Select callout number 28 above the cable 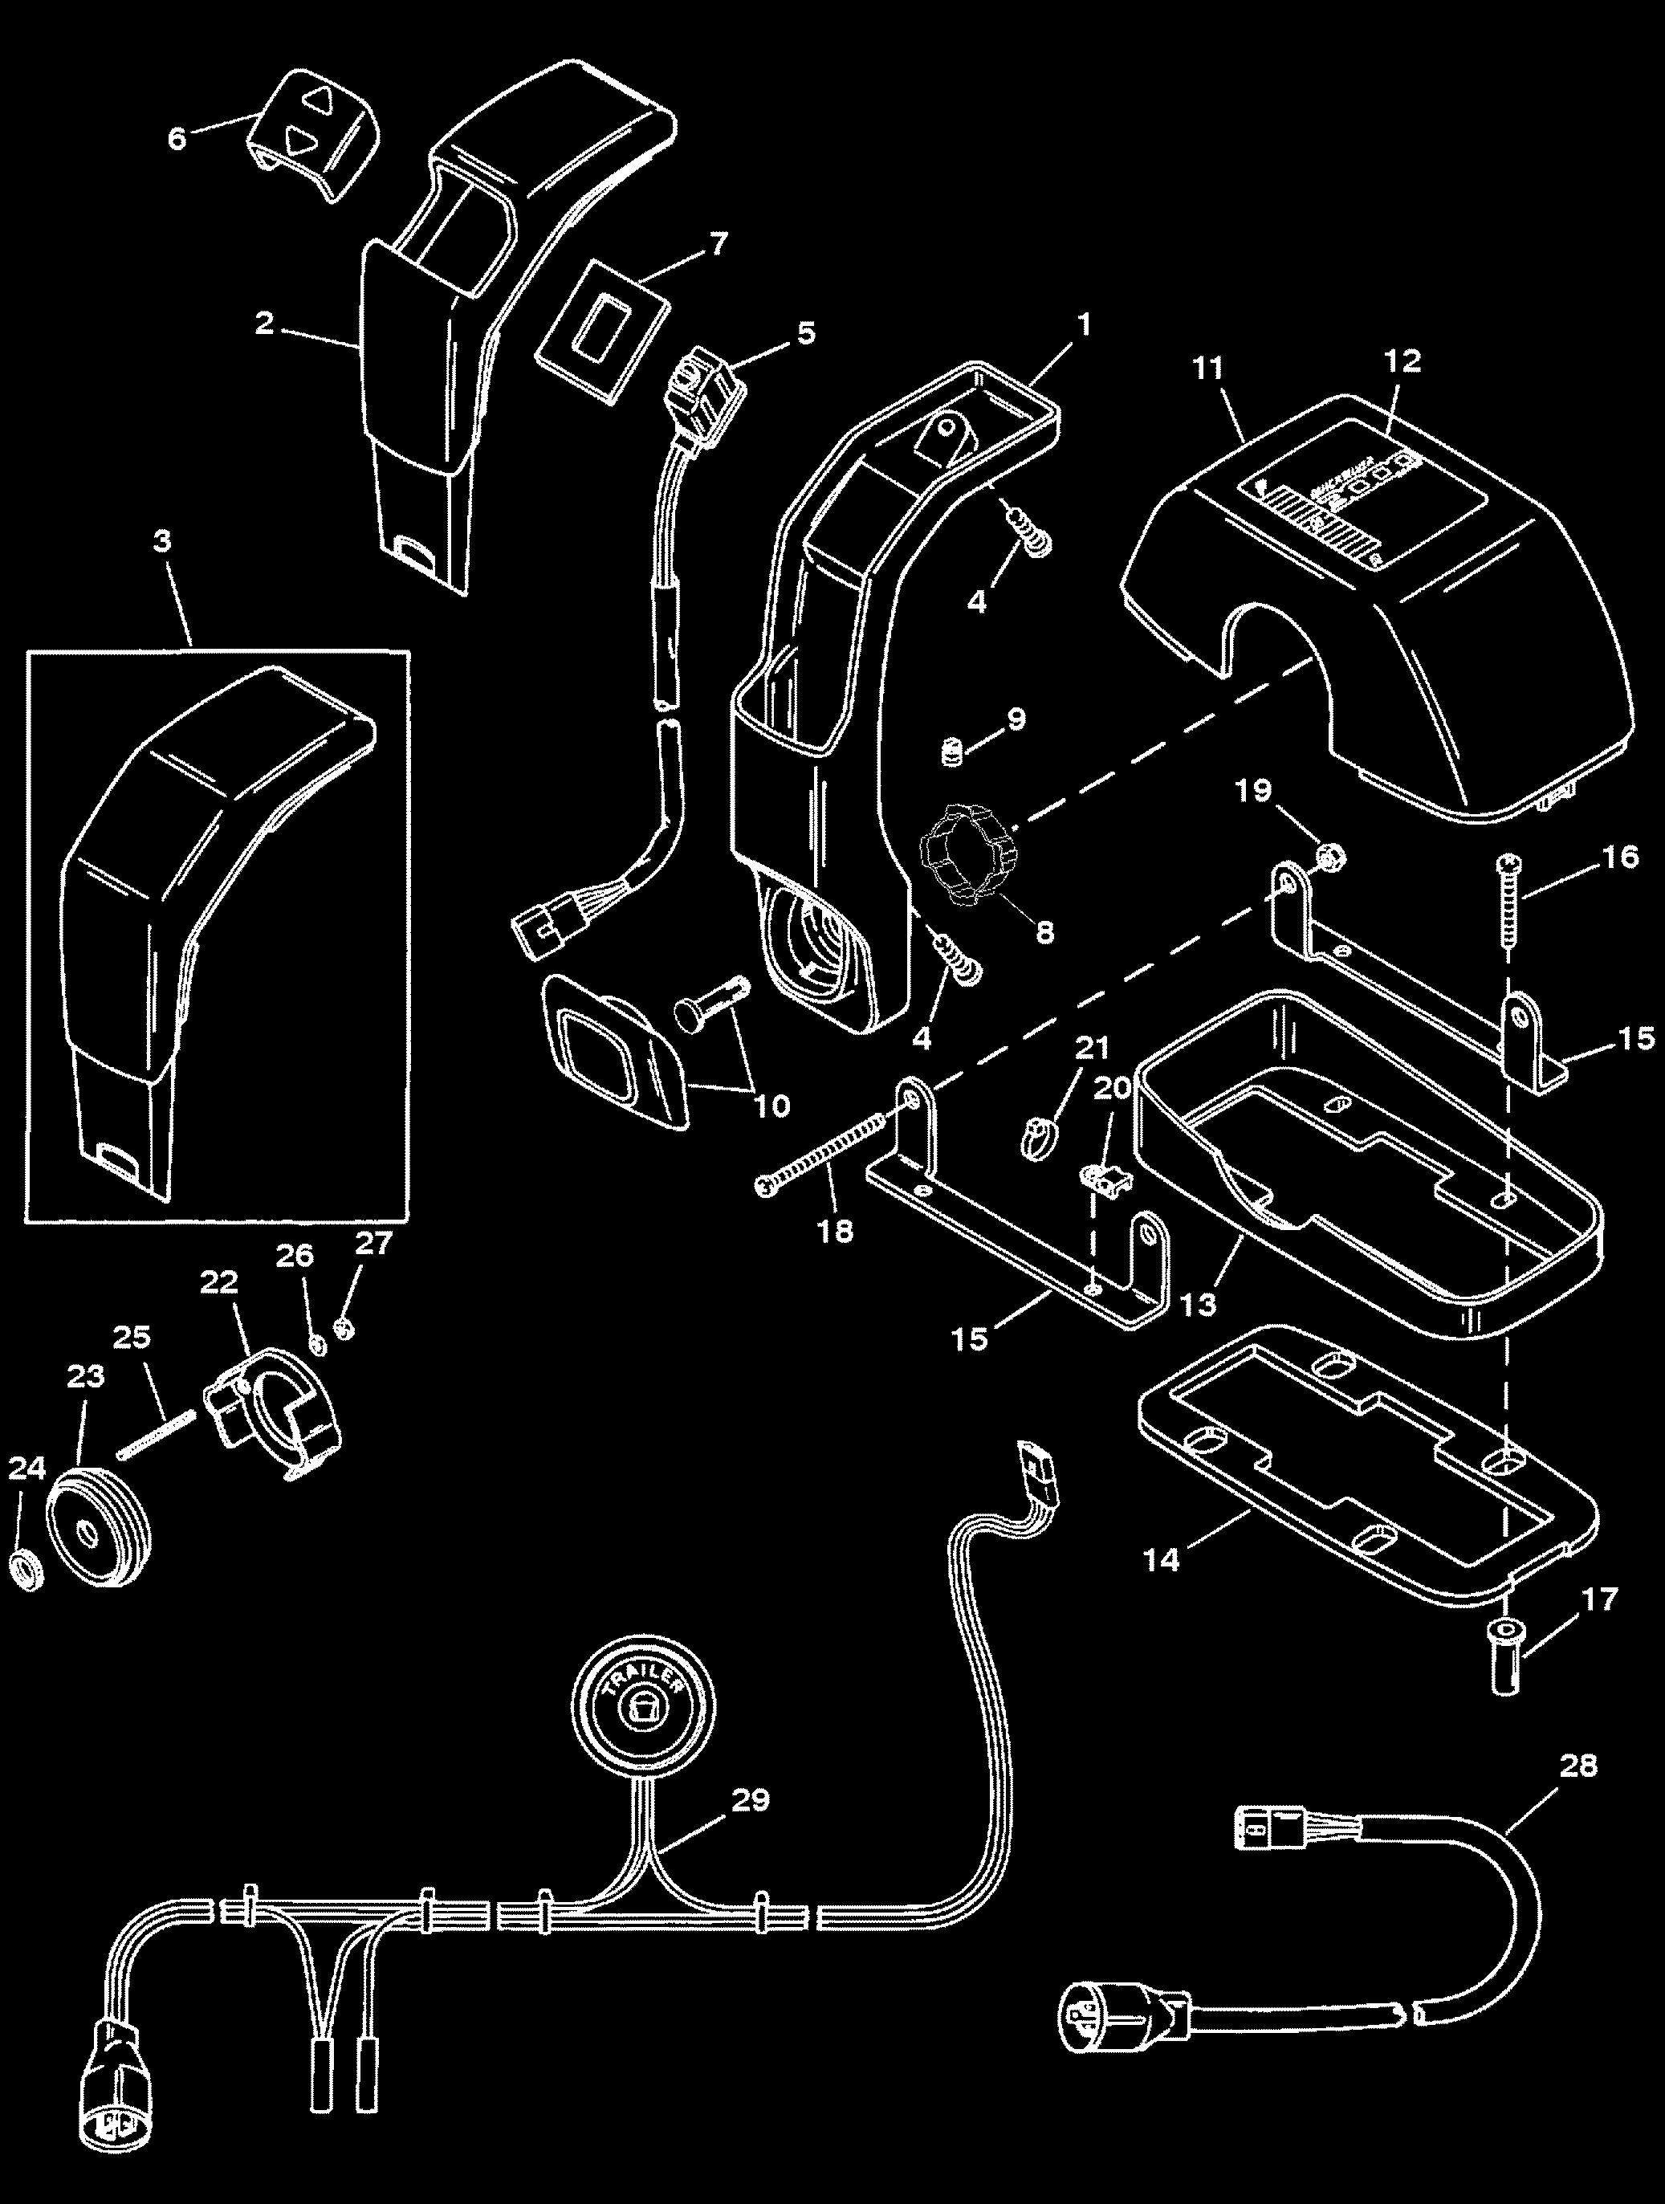tap(1578, 1766)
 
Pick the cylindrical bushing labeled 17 tap(1508, 1653)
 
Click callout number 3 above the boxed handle tap(162, 540)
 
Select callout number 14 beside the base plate tap(1162, 1559)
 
